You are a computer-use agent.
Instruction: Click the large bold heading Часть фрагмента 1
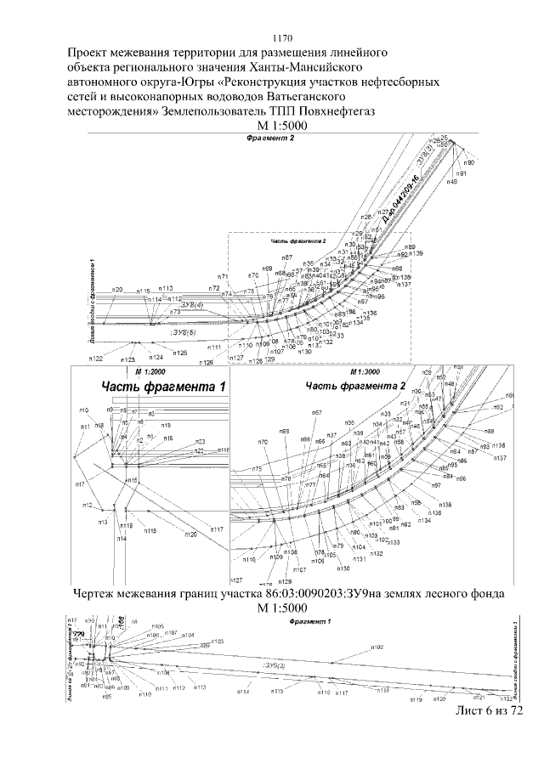163,387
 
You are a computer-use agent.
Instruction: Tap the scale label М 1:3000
365,372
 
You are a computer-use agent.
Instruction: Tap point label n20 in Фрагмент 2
117,290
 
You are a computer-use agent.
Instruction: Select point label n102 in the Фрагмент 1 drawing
378,647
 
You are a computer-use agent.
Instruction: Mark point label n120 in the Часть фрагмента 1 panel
190,534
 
